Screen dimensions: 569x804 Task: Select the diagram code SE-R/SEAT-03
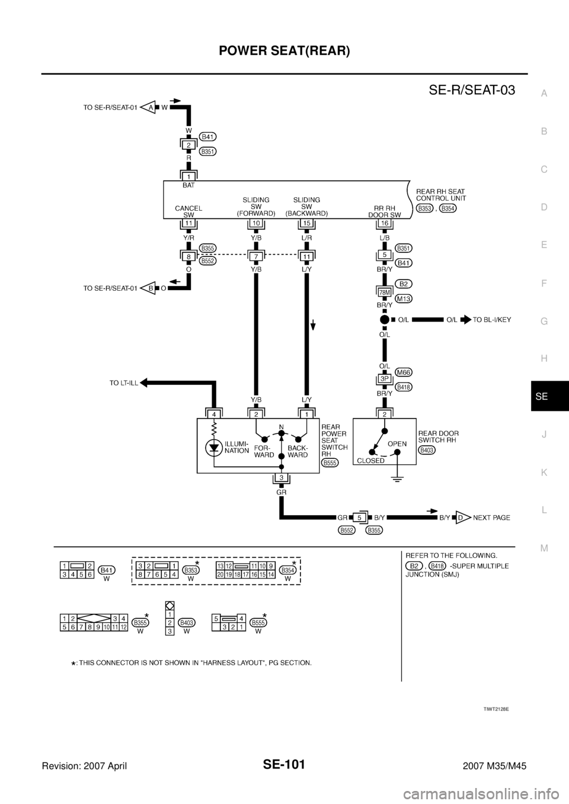472,90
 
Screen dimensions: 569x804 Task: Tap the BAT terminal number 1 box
188,176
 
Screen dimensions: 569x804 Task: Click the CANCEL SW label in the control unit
188,211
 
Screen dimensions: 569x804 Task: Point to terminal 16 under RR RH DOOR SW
384,223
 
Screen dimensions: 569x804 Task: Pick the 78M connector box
384,292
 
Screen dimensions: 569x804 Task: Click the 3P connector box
384,379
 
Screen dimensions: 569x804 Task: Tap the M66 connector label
404,372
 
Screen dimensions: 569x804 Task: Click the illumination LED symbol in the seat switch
214,448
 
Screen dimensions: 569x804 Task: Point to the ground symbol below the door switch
397,479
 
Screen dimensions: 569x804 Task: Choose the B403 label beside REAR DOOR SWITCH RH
427,450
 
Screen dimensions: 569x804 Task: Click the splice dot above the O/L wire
384,319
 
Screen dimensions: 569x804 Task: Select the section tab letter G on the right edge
544,321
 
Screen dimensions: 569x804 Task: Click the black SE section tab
550,396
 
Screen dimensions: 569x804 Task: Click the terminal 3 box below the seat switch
282,477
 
